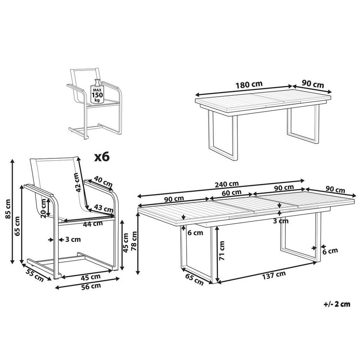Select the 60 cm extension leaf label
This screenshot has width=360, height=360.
(x=231, y=192)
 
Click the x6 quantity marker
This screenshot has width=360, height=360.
(x=102, y=157)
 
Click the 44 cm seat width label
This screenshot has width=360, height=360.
(x=93, y=224)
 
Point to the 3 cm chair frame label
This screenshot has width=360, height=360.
(x=71, y=239)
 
